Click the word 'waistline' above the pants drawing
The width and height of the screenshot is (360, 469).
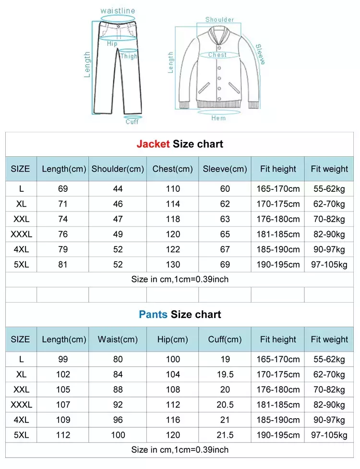118,11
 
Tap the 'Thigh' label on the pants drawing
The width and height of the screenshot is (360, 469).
129,56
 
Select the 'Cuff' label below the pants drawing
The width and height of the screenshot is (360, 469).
132,122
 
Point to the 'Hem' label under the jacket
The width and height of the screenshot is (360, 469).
218,118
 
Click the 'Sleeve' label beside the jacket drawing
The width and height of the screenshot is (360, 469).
260,54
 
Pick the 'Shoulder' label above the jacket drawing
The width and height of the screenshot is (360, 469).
220,20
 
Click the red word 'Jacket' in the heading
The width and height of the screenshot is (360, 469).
153,144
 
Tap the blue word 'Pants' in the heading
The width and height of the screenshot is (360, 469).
153,315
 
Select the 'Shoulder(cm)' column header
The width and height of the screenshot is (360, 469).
118,169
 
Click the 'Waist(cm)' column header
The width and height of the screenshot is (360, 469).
118,340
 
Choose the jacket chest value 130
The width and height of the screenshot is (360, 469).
173,265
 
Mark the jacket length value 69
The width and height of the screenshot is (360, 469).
63,189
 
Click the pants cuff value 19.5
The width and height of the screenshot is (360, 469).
225,375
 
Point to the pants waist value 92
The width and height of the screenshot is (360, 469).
118,405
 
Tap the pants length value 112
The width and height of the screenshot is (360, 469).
63,435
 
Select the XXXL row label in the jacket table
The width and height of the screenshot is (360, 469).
21,234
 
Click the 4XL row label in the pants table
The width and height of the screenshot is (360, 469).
21,420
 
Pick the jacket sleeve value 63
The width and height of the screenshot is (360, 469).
225,219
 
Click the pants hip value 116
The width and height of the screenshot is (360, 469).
173,420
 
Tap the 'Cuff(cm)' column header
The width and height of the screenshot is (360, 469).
225,340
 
